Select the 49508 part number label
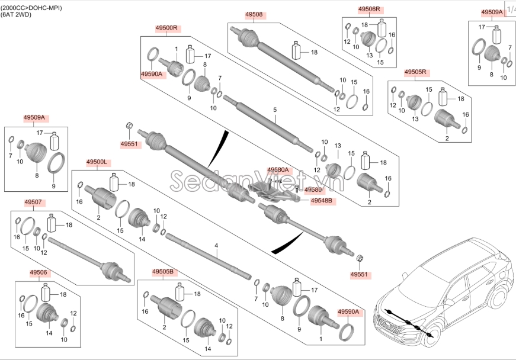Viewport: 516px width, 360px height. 254,14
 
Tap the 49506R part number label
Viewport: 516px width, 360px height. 370,9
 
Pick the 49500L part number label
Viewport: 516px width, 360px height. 97,162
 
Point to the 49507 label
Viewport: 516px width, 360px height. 33,202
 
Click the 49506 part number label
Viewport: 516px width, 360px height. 39,272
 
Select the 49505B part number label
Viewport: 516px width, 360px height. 163,272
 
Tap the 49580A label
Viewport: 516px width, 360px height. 278,170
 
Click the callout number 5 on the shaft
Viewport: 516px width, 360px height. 275,110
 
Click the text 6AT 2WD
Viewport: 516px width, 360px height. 17,14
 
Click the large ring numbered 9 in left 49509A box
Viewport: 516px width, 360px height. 56,163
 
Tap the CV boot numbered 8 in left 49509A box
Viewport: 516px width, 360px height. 36,155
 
